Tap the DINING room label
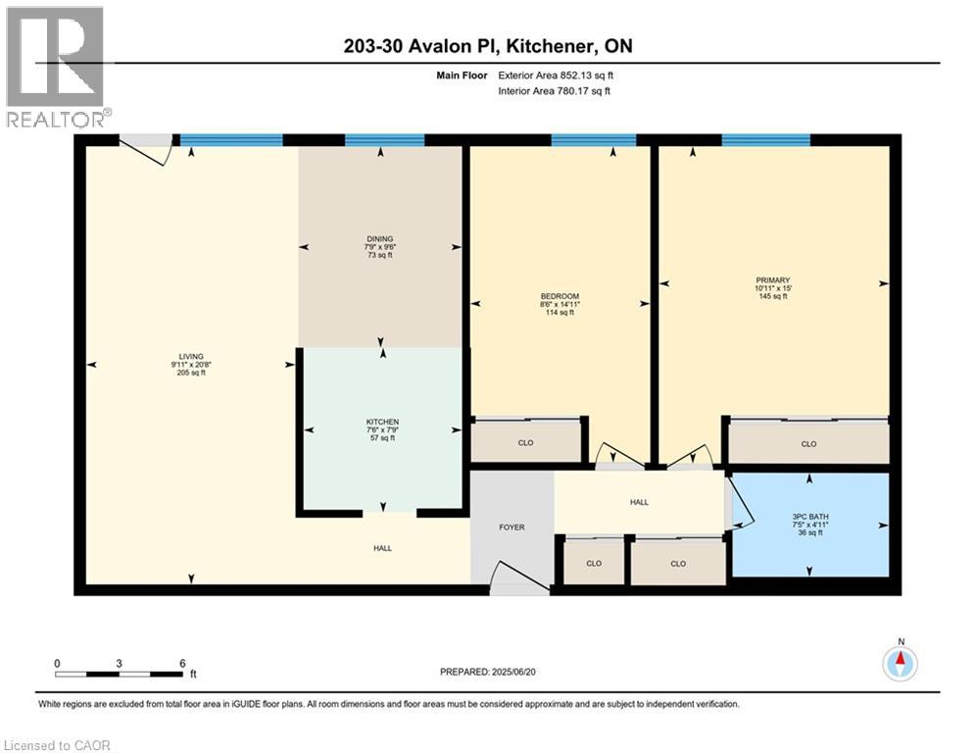click(x=379, y=239)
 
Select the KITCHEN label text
click(x=382, y=423)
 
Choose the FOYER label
click(x=512, y=527)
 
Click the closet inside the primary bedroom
click(x=808, y=444)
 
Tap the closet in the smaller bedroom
click(x=526, y=443)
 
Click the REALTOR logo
click(x=55, y=67)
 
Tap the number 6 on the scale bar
click(x=182, y=663)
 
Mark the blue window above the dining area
click(x=384, y=140)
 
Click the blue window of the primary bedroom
click(x=765, y=140)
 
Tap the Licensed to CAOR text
click(x=57, y=745)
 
